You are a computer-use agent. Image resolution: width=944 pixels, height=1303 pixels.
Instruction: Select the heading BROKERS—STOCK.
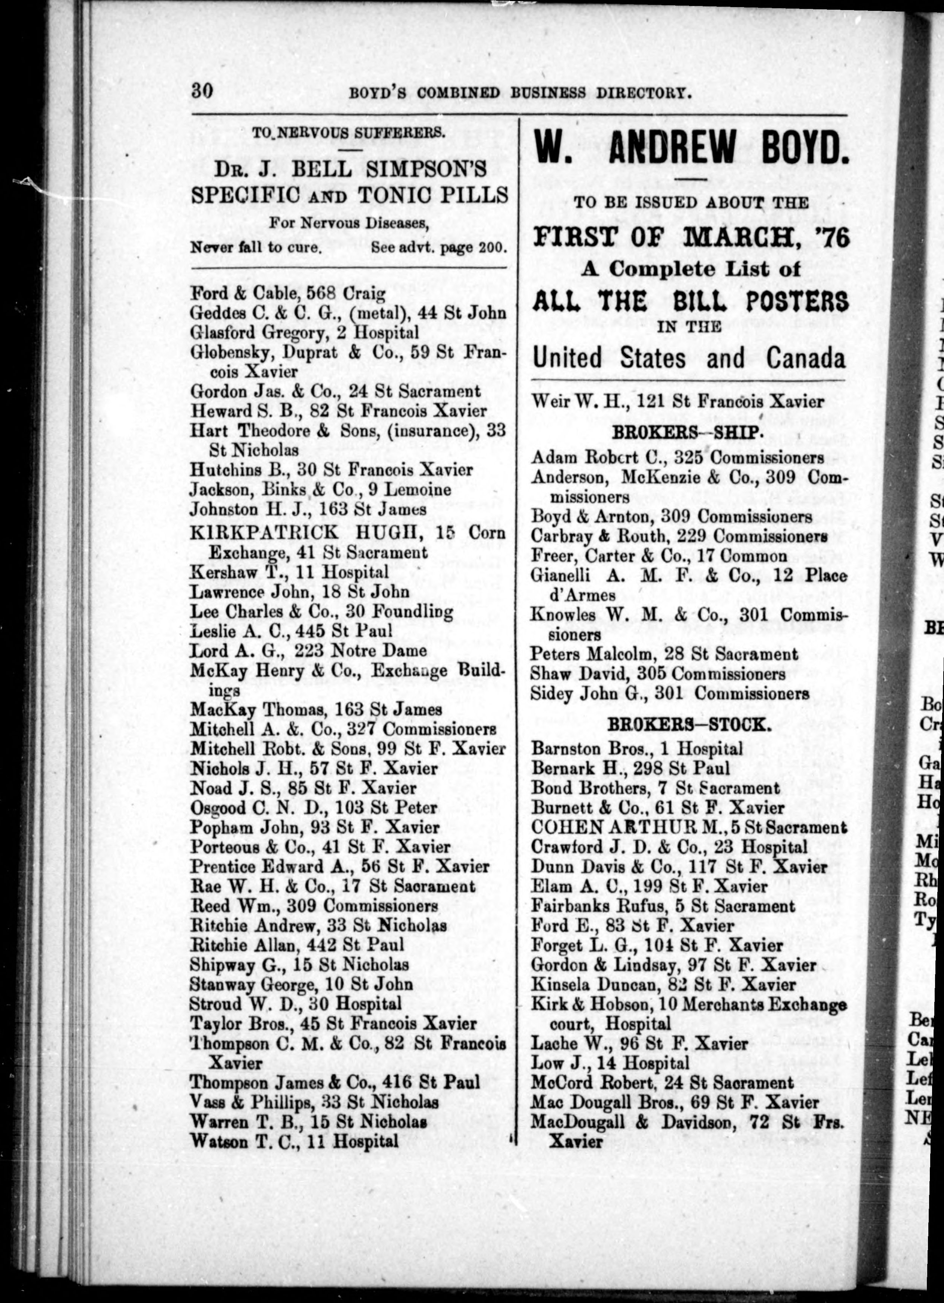[689, 725]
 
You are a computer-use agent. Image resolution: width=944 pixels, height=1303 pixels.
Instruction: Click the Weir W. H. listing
[677, 401]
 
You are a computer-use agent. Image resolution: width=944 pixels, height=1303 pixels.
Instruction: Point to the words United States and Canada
[689, 359]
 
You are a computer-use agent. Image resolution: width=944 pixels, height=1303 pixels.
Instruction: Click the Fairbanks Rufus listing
[663, 906]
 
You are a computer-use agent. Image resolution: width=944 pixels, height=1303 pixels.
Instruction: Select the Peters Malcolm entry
[664, 654]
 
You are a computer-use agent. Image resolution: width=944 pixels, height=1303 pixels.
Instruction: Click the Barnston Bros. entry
[637, 749]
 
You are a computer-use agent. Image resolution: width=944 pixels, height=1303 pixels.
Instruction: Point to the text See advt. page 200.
[439, 248]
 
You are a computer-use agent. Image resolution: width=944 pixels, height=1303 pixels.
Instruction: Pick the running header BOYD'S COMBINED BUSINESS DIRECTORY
[519, 93]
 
